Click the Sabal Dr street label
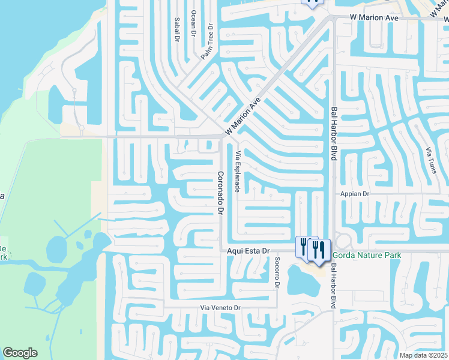[177, 29]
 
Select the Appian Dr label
[354, 194]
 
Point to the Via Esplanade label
[238, 171]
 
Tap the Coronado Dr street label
[220, 193]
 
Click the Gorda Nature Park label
[366, 255]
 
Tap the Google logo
[20, 353]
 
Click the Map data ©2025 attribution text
[424, 355]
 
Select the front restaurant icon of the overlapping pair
[318, 249]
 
